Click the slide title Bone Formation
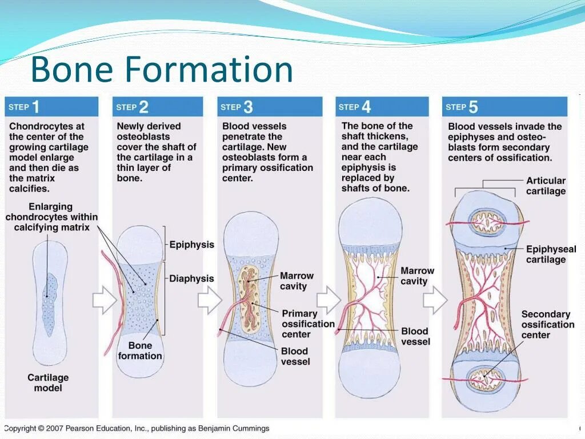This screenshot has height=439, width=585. (162, 69)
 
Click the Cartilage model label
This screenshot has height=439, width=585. (48, 383)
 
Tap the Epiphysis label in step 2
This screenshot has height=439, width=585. (191, 245)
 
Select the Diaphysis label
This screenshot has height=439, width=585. (191, 279)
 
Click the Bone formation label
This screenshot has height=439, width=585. (140, 350)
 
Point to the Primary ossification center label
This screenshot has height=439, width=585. (307, 324)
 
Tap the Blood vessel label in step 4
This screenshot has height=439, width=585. (415, 336)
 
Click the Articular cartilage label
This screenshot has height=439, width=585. (546, 186)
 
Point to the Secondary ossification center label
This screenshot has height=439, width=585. (547, 324)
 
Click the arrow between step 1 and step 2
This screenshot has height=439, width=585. (105, 301)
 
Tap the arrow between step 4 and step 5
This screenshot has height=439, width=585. (435, 300)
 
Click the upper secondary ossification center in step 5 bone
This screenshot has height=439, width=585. (487, 221)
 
